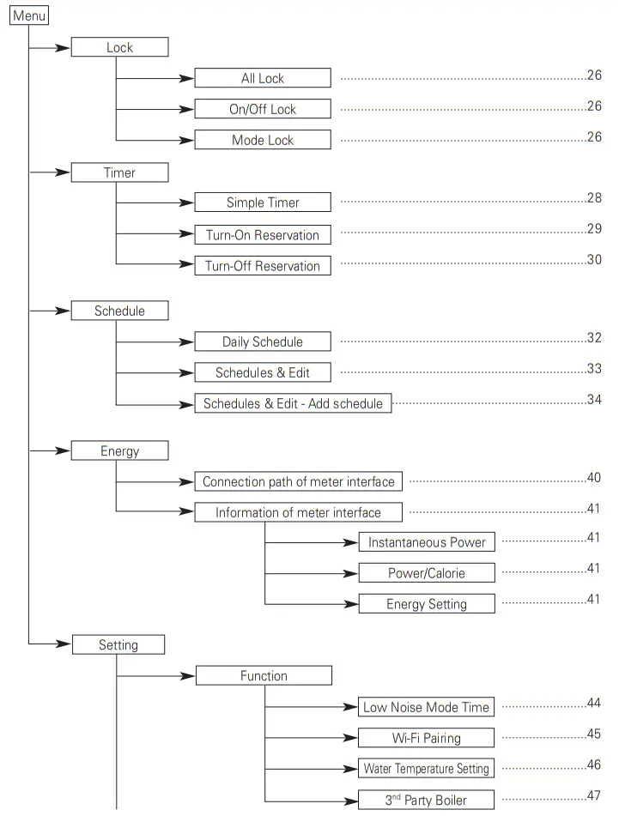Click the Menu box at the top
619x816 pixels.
coord(29,16)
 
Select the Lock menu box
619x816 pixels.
coord(119,47)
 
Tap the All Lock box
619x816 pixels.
coord(262,78)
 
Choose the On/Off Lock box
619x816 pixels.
coord(262,109)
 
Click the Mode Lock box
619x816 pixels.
coord(262,140)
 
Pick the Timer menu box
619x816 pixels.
coord(119,172)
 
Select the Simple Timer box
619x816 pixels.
coord(262,203)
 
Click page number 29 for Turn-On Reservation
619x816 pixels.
coord(594,229)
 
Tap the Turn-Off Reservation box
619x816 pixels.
coord(262,266)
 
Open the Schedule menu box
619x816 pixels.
coord(119,311)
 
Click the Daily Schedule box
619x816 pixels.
coord(262,342)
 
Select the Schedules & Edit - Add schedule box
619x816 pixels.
coord(293,403)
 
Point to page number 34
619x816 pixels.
coord(594,399)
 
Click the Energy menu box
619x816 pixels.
coord(119,450)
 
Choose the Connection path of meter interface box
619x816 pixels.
coord(298,481)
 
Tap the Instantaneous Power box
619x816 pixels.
coord(427,542)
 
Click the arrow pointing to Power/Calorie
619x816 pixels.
coord(348,573)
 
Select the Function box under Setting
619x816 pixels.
coord(264,676)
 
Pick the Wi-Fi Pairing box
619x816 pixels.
coord(427,738)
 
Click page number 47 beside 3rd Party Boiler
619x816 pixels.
coord(594,795)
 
